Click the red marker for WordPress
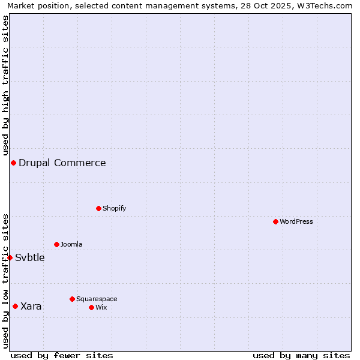pos(275,221)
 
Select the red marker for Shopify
pos(98,208)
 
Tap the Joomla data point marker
pos(56,244)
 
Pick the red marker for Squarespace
pos(72,299)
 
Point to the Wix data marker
pos(91,307)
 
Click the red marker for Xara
pos(15,306)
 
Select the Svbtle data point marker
pos(10,257)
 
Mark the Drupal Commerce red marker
pos(13,163)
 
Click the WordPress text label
pos(296,221)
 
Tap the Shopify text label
pos(114,208)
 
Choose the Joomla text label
pos(71,244)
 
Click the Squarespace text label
pos(97,299)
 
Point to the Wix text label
pos(101,307)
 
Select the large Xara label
pos(31,306)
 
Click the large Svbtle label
pos(30,257)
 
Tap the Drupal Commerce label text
pos(62,163)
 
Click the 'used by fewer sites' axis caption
pos(62,355)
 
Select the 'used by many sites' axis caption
pos(301,355)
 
